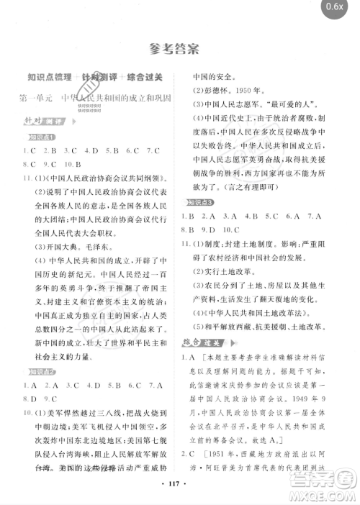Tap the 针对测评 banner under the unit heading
pyautogui.click(x=38, y=119)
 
